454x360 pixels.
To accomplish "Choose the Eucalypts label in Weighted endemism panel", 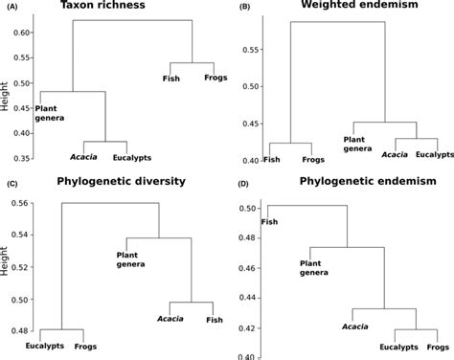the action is coord(433,154).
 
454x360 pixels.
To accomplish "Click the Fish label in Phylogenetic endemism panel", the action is coord(271,221).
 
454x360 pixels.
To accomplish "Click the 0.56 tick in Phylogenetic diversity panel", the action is coord(20,204).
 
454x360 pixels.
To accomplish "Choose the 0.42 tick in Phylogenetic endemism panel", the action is coord(249,328).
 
